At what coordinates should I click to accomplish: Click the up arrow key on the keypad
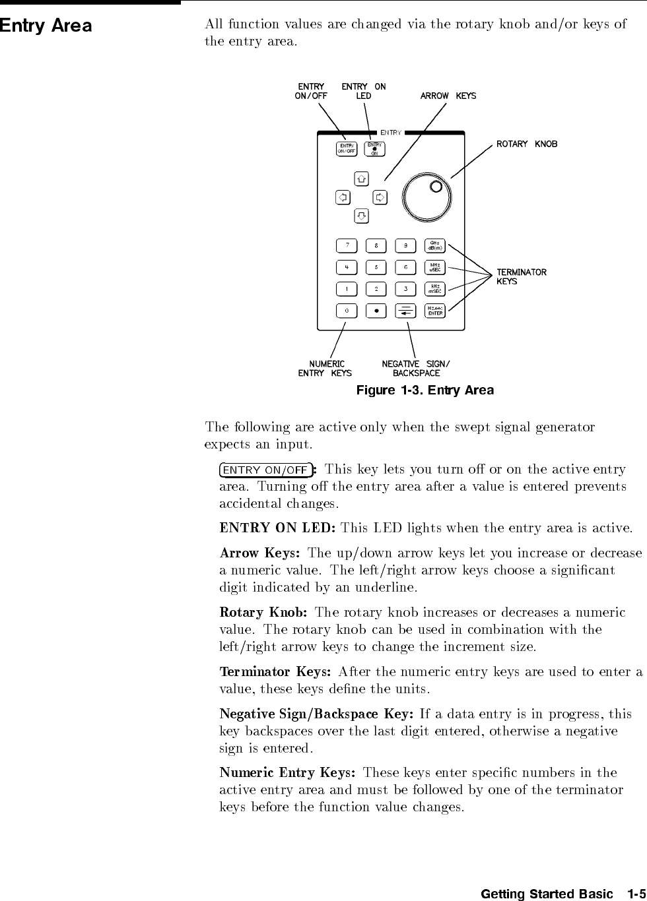tap(361, 179)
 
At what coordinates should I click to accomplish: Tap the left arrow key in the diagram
tap(343, 197)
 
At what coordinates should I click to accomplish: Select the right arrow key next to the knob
tap(380, 197)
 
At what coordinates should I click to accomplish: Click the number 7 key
tap(347, 246)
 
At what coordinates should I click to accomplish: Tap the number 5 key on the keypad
tap(376, 267)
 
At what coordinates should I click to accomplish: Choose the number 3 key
tap(405, 288)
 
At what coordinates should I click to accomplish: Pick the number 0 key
tap(347, 310)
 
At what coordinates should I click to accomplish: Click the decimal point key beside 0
tap(376, 310)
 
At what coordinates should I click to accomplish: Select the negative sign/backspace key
tap(405, 310)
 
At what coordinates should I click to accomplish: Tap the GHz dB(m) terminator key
tap(435, 246)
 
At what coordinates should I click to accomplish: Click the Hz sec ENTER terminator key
tap(435, 310)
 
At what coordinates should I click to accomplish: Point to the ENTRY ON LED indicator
tap(375, 149)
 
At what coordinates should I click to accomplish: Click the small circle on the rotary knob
tap(436, 187)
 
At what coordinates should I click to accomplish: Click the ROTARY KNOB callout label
tap(527, 144)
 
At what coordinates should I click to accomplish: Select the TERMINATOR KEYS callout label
tap(521, 276)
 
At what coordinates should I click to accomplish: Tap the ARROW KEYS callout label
tap(448, 96)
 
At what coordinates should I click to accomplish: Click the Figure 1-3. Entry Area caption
tap(425, 390)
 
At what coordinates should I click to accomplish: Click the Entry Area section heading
tap(46, 26)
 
